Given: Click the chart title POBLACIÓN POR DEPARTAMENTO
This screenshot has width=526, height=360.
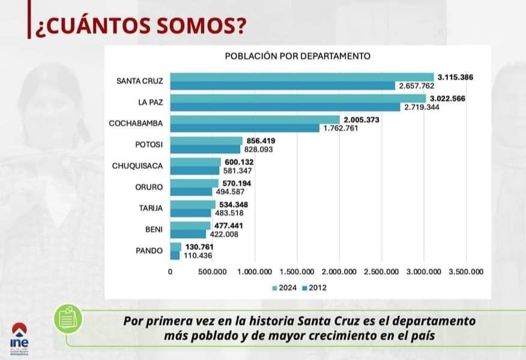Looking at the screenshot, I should click(297, 56).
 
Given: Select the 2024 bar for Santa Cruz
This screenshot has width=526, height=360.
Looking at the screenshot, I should click(301, 77).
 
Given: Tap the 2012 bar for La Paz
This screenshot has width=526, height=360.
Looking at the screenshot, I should click(285, 107).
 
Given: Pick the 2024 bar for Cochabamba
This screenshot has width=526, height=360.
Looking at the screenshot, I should click(255, 119).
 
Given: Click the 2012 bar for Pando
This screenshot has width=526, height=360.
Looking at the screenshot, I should click(175, 255).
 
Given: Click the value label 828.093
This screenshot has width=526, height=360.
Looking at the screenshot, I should click(259, 149).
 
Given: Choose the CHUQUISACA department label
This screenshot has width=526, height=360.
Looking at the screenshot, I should click(138, 165).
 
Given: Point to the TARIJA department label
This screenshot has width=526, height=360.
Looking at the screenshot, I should click(150, 208).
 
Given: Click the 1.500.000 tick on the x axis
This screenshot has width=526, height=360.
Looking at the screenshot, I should click(298, 272).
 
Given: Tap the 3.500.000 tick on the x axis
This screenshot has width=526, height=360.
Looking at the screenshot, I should click(466, 272).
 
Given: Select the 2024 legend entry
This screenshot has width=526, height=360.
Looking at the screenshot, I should click(286, 288).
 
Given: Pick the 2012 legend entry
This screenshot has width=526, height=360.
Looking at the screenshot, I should click(315, 288).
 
